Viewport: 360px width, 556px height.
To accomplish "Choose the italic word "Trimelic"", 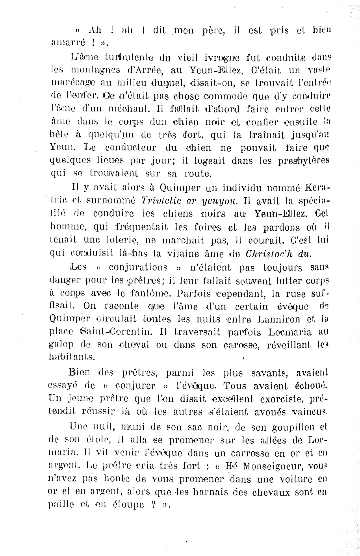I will (161, 200).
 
